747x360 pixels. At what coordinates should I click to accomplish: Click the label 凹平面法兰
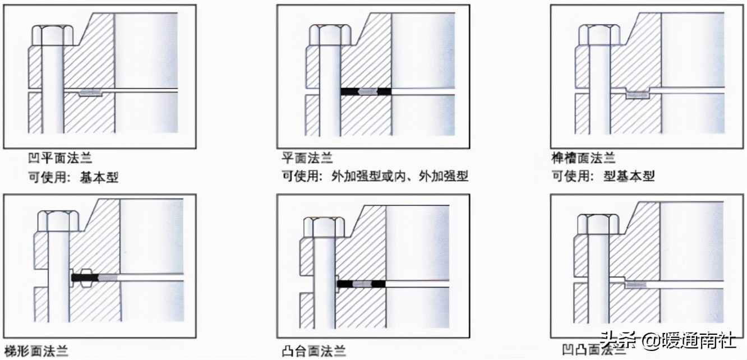coord(60,159)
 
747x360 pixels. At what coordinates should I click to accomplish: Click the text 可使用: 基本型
coord(73,177)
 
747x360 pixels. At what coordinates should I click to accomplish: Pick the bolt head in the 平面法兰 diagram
coord(330,35)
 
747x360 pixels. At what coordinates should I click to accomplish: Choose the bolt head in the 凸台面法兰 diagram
coord(324,225)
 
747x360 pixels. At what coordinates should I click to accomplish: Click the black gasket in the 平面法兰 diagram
coord(366,91)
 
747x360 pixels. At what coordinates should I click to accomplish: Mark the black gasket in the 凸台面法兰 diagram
coord(362,284)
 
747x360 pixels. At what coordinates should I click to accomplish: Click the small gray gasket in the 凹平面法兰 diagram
coord(90,92)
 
